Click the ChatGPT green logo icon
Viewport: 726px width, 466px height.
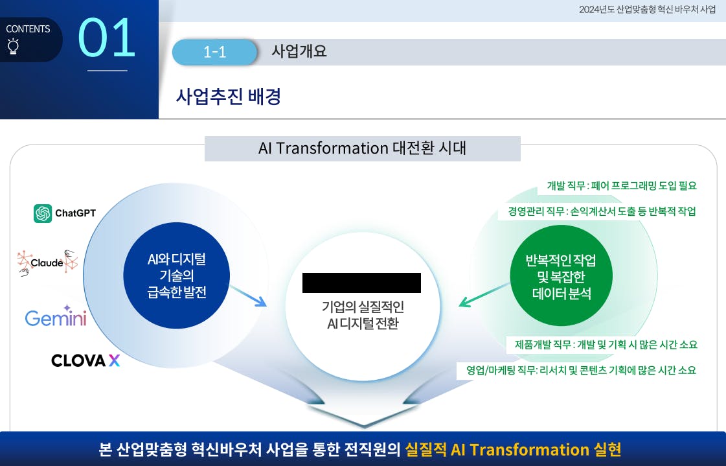(43, 213)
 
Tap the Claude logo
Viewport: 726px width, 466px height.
(47, 262)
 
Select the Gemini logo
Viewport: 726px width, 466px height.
(56, 316)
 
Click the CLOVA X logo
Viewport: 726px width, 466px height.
(85, 360)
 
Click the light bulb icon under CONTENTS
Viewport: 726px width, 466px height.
(14, 46)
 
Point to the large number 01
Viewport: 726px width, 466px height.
(107, 38)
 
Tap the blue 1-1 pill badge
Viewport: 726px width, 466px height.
(214, 52)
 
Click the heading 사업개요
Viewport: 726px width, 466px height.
(299, 51)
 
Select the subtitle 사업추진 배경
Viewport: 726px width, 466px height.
(228, 97)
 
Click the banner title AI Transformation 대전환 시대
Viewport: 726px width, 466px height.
(362, 148)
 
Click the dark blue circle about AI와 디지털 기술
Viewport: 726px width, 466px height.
(176, 275)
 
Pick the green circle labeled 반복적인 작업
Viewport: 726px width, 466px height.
(561, 276)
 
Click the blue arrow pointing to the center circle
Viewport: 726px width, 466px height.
(248, 296)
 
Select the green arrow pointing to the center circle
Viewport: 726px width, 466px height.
(484, 295)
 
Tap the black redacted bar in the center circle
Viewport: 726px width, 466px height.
(361, 283)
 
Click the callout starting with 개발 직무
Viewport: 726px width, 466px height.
(622, 186)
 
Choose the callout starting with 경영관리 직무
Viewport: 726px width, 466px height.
(602, 212)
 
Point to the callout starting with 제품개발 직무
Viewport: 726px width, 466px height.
(606, 345)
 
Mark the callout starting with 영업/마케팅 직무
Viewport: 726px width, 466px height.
(581, 370)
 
